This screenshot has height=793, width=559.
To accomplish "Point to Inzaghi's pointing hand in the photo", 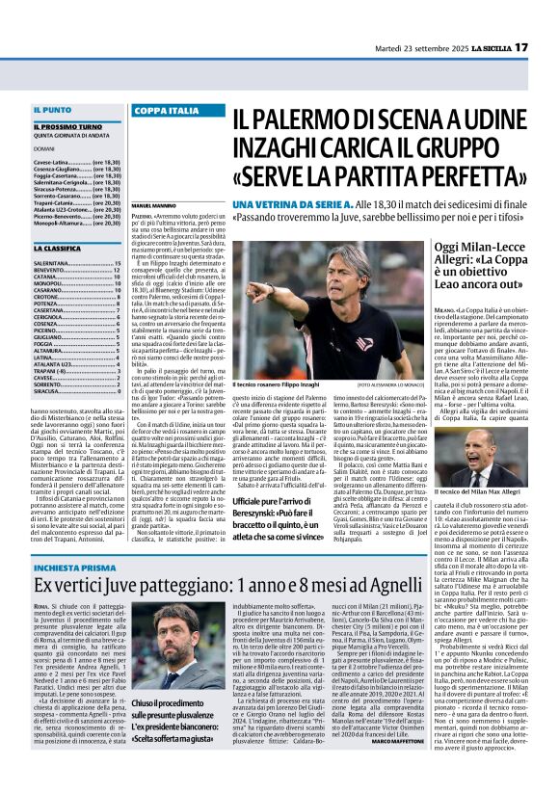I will (254, 288).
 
